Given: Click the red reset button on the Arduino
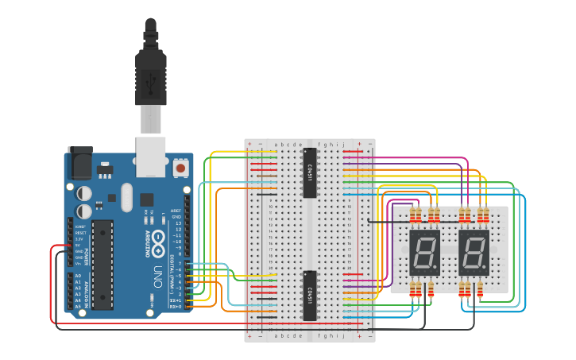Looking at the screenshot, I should coord(181,168).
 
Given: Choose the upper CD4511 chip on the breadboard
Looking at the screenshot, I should coord(310,172).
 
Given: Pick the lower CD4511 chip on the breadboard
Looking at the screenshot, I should coord(310,295).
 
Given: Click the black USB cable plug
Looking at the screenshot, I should coord(150,72).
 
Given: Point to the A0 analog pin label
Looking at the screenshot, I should coord(78,276).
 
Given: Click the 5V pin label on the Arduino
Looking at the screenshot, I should coord(79,245).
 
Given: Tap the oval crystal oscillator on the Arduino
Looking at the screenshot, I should coord(126,196).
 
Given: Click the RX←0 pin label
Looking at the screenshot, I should coord(176,305).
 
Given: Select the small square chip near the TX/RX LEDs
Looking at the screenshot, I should coord(147,199).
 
